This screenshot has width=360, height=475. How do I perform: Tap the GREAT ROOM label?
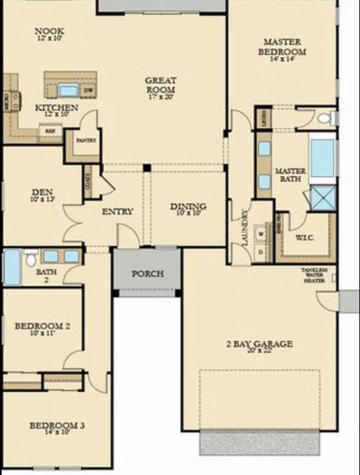tap(160, 85)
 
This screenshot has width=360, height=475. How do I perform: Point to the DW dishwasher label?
tap(89, 91)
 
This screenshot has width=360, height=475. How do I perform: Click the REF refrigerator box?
tap(50, 131)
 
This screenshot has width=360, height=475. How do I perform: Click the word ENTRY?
tap(117, 212)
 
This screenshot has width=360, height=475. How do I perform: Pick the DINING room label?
tap(188, 207)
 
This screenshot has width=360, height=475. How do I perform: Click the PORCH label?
tap(148, 274)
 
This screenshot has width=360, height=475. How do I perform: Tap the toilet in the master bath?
tap(324, 118)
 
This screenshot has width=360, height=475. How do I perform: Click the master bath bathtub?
tap(322, 158)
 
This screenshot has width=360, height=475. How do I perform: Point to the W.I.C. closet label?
tap(305, 237)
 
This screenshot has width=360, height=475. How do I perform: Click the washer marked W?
tap(261, 231)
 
